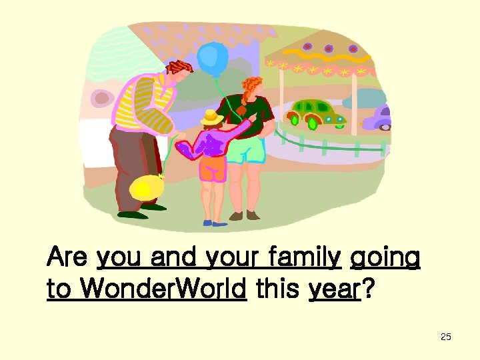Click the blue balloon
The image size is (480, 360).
coord(213,56)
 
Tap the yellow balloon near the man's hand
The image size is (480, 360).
coord(145,189)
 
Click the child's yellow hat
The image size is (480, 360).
coord(212,118)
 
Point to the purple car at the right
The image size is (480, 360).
coord(378,118)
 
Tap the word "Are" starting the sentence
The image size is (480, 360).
coord(69,257)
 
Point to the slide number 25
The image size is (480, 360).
coord(446,337)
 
